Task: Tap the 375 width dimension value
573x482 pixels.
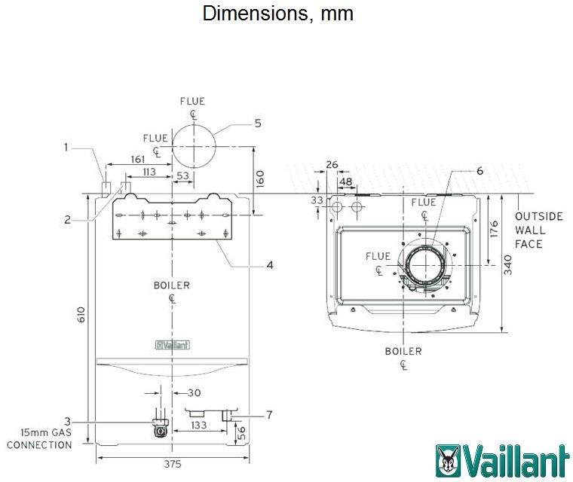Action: pos(172,465)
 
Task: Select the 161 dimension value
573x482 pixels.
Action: pos(137,159)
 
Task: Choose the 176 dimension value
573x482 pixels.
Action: pos(494,229)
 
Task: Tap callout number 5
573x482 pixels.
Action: pos(257,123)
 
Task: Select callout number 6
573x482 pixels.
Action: pos(479,170)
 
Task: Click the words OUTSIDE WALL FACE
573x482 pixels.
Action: pos(538,230)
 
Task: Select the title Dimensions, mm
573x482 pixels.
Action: pos(278,14)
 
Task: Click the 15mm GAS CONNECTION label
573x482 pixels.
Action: pos(39,438)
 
